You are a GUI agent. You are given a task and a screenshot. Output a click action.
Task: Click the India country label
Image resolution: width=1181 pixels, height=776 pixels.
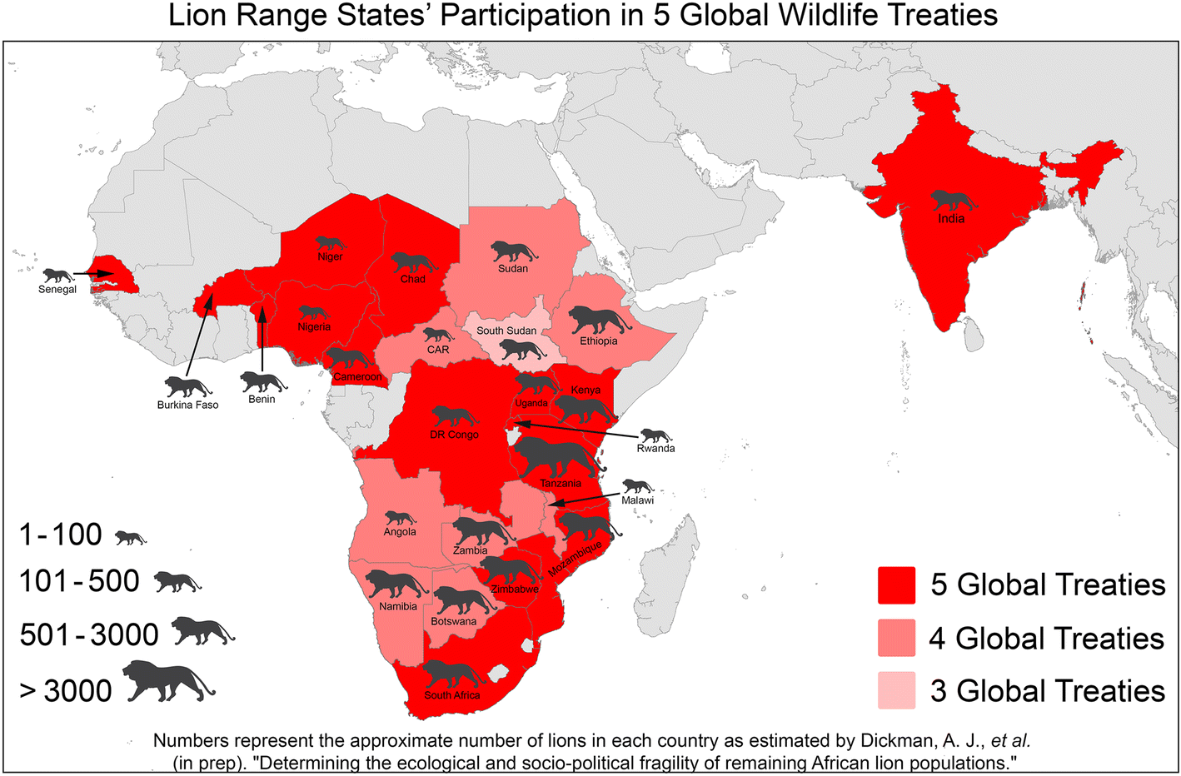pos(951,219)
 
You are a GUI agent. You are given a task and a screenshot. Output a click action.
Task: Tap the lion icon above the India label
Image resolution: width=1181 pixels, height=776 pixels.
pos(953,200)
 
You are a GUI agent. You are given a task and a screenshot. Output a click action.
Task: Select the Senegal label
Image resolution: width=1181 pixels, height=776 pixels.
pos(57,290)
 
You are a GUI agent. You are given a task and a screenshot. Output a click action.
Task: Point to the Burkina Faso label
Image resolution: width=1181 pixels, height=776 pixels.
pos(187,405)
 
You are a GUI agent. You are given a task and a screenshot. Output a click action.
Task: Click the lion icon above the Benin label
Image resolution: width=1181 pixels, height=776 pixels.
pos(262,382)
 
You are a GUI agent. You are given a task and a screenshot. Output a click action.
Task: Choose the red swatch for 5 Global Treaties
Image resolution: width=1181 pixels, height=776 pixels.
pos(896,585)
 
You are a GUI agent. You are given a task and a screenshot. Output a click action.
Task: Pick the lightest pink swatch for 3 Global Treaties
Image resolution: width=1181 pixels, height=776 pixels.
pos(896,691)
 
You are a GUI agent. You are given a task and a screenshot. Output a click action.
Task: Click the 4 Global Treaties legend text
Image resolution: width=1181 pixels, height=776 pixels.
pos(1046,639)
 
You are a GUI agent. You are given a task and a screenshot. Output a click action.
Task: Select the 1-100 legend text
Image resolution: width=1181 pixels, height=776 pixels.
pos(61,535)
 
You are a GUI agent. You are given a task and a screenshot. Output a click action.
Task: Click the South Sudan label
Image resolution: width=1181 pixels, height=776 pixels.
pos(506,331)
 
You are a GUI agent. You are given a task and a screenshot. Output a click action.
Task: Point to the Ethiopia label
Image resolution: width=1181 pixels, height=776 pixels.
pos(599,341)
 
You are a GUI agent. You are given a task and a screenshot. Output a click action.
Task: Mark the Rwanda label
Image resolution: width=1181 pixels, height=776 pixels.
pos(655,448)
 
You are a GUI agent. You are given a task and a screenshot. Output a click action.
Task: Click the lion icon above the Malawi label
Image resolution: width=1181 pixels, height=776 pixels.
pos(638,486)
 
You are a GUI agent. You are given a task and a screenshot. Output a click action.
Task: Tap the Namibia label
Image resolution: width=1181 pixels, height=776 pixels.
pos(397,606)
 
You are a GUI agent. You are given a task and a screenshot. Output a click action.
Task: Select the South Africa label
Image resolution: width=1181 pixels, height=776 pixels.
pos(451,695)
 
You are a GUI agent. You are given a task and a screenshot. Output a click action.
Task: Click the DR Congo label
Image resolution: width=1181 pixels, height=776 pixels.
pos(454,435)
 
